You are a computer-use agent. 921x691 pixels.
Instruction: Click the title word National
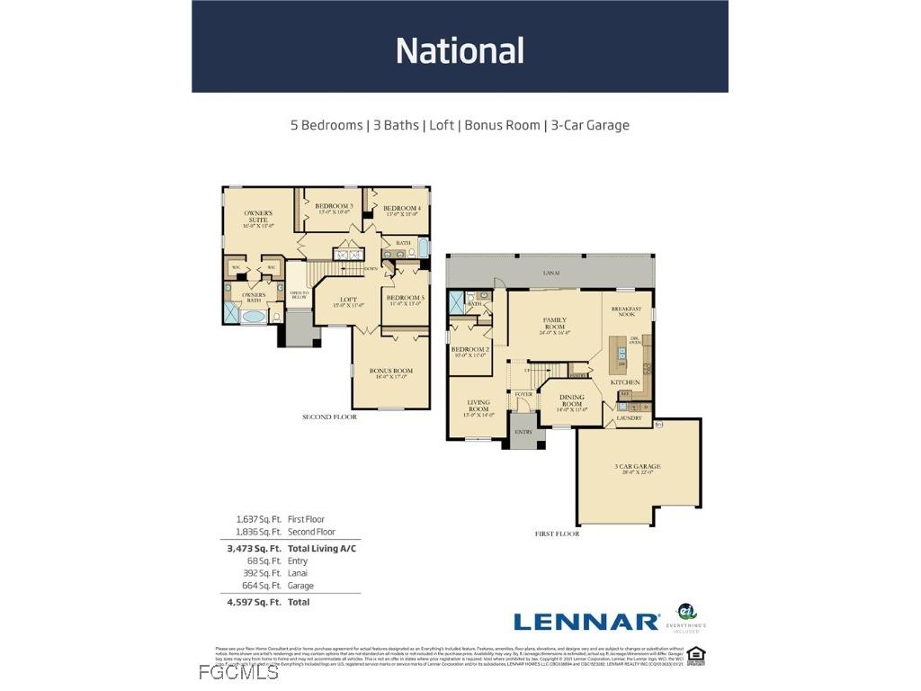(x=460, y=50)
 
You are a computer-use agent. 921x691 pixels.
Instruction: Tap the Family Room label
(x=554, y=324)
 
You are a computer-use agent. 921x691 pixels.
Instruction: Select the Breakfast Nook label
(x=626, y=312)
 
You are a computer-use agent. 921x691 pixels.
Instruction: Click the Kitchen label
(x=625, y=382)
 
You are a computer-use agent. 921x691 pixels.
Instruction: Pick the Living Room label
(x=478, y=408)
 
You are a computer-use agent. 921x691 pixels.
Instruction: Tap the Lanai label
(x=551, y=273)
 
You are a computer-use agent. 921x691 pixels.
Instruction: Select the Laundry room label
(x=628, y=417)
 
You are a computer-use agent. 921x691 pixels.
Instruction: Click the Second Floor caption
(x=329, y=417)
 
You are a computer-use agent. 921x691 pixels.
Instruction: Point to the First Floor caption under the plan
(x=557, y=534)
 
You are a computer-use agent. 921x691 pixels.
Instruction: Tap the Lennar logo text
(x=586, y=622)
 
